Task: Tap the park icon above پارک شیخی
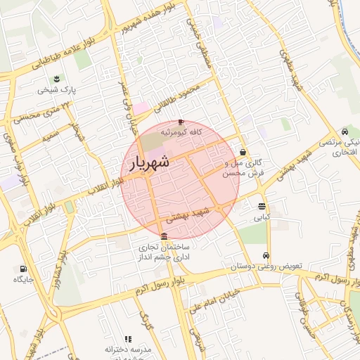point(56,78)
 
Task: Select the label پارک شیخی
point(57,91)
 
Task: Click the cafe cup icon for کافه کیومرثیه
point(181,121)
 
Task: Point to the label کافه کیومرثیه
point(181,131)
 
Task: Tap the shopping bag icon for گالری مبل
point(243,152)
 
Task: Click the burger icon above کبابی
point(262,207)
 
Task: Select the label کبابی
point(262,218)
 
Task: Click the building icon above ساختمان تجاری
point(164,236)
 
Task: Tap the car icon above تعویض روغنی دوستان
point(266,256)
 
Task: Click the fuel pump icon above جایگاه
point(23,269)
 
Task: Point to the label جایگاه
point(23,280)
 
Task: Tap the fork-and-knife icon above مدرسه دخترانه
point(127,339)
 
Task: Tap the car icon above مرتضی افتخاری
point(345,131)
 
